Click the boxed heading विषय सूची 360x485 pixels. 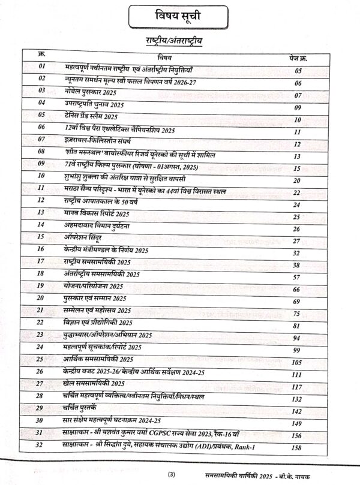(180, 16)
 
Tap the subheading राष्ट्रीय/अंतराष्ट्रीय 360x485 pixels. (180, 41)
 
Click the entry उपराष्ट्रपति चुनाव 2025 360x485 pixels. (95, 104)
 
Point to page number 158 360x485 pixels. (296, 447)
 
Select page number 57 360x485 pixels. (296, 277)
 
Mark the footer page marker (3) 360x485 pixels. (179, 475)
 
